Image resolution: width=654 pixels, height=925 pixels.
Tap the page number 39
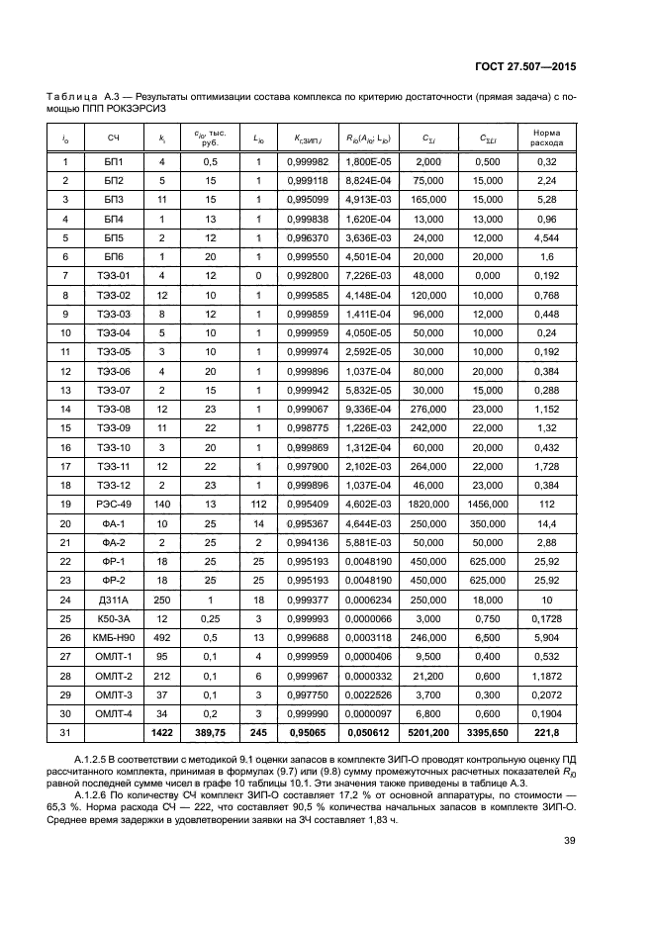tap(569, 842)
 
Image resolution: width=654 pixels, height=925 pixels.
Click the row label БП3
tap(115, 199)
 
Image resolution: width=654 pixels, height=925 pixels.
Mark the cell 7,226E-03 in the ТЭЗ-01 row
tap(362, 274)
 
